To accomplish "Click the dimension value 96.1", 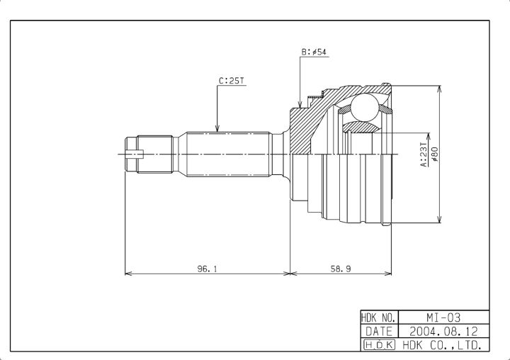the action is point(207,269).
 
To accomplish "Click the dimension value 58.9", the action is point(341,269).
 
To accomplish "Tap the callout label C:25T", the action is point(231,80).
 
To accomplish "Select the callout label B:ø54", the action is point(314,52).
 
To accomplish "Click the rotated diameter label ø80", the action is point(434,154).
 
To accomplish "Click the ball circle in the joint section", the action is point(365,108).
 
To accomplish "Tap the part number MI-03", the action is point(443,317).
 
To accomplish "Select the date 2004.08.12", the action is point(443,332).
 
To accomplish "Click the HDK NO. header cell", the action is point(379,317).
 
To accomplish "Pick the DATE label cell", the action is point(379,332).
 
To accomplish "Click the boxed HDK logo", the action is point(379,344).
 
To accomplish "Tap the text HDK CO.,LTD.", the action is point(442,345).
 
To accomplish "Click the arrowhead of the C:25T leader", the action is point(217,128).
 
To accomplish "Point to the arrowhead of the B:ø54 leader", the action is point(300,104).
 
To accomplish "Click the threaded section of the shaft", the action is point(154,154).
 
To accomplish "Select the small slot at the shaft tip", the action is point(135,154).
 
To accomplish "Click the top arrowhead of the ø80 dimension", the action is point(439,89).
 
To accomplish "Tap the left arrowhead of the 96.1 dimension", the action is point(129,273).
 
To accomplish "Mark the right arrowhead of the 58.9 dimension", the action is point(387,273).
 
